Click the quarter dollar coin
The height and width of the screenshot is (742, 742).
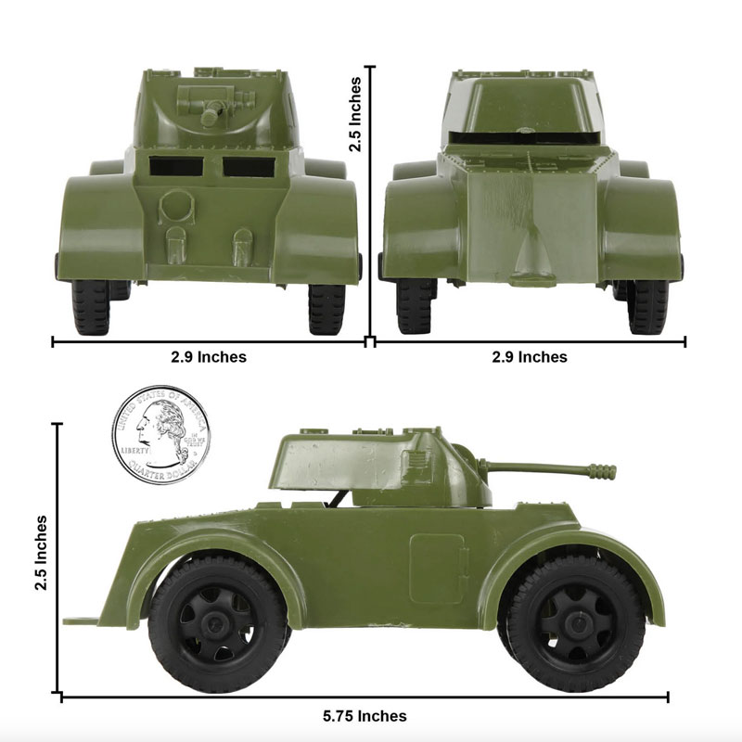point(161,435)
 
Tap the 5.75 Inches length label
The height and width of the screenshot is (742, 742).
point(365,715)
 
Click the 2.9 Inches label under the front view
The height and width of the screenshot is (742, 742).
point(209,356)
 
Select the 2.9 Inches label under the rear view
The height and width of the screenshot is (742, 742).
point(530,356)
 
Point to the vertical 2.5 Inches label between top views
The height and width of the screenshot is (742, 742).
point(355,114)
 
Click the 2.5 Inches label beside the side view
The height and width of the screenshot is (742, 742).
point(41,553)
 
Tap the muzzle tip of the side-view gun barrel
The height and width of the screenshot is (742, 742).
point(613,471)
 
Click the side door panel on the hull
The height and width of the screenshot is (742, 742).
point(437,569)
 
